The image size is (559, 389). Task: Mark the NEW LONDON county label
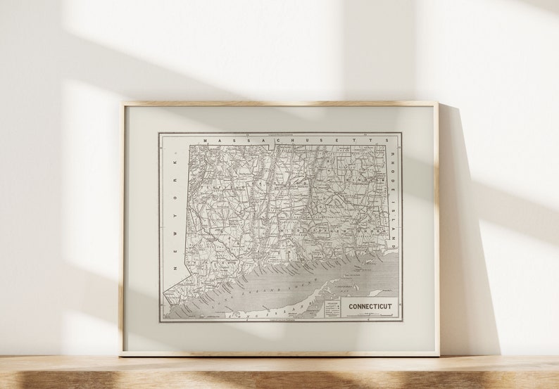pyautogui.click(x=345, y=229)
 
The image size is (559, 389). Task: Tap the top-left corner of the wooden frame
pyautogui.click(x=122, y=103)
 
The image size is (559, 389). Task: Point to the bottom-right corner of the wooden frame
pyautogui.click(x=439, y=355)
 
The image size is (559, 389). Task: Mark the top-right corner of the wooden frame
pyautogui.click(x=437, y=103)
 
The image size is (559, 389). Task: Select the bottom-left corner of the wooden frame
pyautogui.click(x=120, y=355)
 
